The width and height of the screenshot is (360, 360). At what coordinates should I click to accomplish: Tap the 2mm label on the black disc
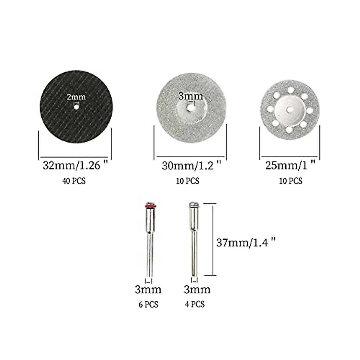pyautogui.click(x=76, y=97)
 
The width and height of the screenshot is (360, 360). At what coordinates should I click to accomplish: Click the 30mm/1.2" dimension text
pyautogui.click(x=191, y=165)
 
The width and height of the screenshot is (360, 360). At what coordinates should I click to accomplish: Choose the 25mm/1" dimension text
pyautogui.click(x=290, y=165)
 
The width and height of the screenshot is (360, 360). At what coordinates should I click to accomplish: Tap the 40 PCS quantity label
pyautogui.click(x=74, y=181)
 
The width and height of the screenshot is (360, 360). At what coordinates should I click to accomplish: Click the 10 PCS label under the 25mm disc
pyautogui.click(x=291, y=181)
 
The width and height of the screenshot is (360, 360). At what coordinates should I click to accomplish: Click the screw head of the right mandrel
pyautogui.click(x=193, y=205)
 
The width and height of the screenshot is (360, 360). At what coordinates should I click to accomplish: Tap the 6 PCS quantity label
pyautogui.click(x=148, y=304)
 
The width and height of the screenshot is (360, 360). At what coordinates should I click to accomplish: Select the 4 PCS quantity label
pyautogui.click(x=195, y=304)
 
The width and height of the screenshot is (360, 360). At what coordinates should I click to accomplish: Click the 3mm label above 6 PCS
pyautogui.click(x=148, y=290)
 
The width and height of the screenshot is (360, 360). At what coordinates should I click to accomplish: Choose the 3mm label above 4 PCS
pyautogui.click(x=197, y=290)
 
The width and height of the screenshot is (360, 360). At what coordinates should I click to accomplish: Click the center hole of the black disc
pyautogui.click(x=76, y=107)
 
